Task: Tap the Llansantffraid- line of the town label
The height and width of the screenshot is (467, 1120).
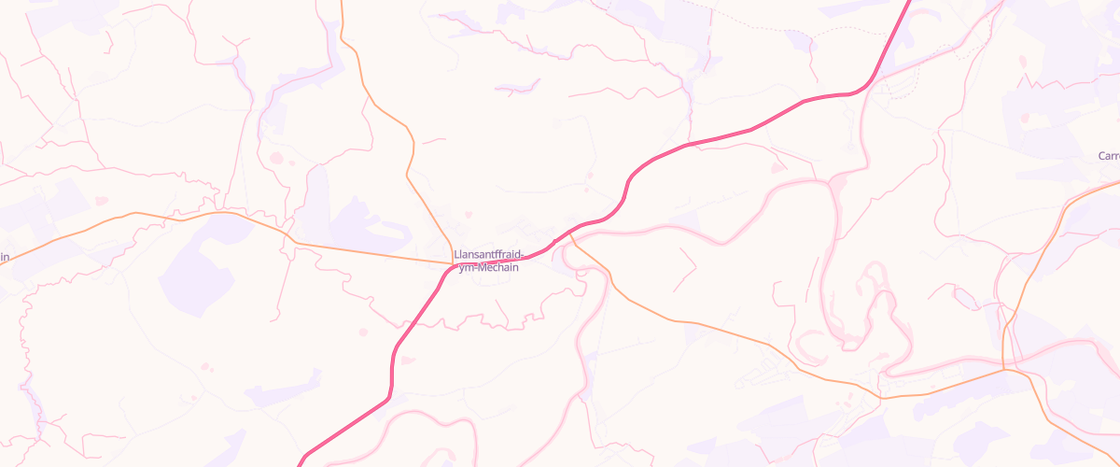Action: click(486, 254)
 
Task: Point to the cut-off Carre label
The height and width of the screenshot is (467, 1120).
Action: click(1109, 155)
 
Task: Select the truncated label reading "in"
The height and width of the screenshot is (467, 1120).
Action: click(5, 257)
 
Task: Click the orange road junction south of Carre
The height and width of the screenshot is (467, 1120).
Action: click(1004, 369)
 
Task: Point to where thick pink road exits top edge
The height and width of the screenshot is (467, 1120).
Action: click(910, 2)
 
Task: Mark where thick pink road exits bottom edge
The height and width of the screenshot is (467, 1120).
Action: click(301, 464)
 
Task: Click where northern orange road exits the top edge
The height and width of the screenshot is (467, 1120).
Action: click(343, 2)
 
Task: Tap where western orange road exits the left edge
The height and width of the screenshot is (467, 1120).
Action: click(2, 263)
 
